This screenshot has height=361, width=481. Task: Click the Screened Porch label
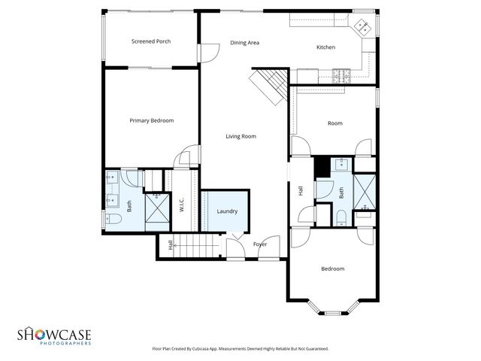151,41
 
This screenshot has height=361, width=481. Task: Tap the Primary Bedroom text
151,120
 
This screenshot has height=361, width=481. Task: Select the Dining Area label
244,43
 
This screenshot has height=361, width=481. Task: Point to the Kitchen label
325,47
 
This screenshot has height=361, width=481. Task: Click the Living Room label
241,136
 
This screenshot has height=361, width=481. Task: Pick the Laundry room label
227,211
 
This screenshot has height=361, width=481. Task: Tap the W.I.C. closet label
181,203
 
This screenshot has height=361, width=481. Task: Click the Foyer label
260,244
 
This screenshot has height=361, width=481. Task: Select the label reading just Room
334,123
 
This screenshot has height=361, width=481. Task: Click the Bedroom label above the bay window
332,268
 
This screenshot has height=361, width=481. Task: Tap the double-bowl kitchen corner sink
362,26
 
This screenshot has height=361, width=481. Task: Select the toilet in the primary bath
113,219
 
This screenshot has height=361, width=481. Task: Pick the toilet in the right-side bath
341,218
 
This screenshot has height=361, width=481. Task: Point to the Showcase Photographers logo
54,335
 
